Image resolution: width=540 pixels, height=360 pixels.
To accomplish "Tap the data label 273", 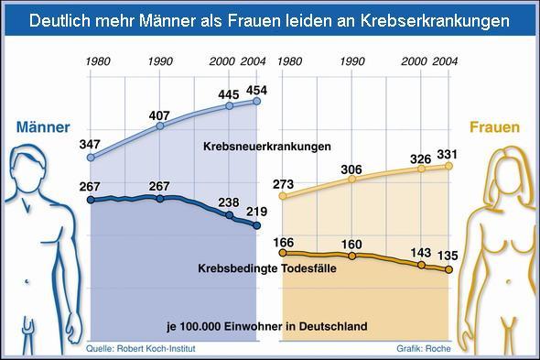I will [x=285, y=184].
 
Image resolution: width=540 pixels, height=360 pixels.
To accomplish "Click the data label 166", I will [x=285, y=242].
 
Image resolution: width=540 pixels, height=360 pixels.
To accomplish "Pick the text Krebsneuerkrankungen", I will [x=266, y=146].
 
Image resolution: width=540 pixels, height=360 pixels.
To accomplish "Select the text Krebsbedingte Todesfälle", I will [x=267, y=267].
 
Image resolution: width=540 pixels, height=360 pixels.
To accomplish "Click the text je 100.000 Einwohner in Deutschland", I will [x=266, y=325].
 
